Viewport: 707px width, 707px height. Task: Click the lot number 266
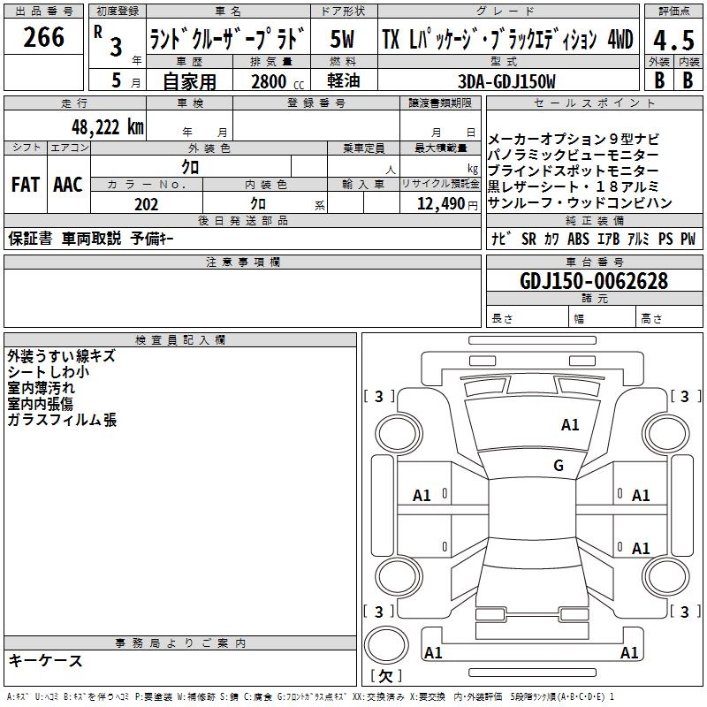pos(43,37)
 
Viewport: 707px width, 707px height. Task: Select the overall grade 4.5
pos(673,41)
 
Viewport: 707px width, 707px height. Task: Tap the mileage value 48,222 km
pos(108,127)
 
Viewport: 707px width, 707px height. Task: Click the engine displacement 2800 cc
pos(277,81)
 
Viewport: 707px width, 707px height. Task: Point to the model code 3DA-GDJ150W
pos(506,81)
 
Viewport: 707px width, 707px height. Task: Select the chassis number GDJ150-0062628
pos(594,281)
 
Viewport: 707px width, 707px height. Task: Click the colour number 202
pos(146,204)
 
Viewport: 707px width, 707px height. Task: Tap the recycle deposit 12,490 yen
pos(447,204)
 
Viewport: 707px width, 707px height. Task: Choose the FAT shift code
pos(26,185)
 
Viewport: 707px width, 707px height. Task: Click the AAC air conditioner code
pos(68,185)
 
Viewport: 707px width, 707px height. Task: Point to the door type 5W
pos(342,39)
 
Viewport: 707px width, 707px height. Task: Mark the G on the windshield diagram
pos(559,465)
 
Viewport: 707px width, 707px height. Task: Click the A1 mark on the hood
pos(570,425)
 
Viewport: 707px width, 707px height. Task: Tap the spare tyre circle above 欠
pos(386,644)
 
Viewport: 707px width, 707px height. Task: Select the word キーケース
pos(46,660)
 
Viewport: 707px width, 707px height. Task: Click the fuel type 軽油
pos(344,80)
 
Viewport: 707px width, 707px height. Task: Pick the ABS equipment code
pos(578,239)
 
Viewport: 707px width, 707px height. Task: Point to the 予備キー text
pos(152,239)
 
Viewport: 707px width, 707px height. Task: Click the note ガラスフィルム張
pos(62,420)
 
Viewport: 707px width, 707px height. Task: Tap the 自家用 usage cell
pos(189,81)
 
